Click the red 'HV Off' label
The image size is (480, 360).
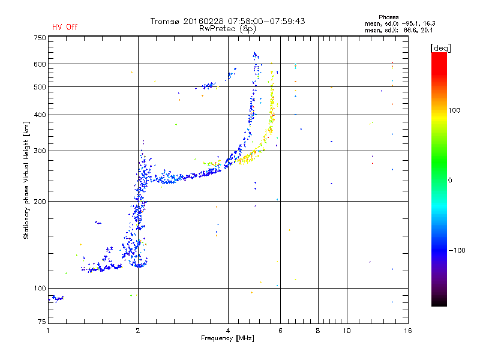(64, 27)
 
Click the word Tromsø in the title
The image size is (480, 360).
(164, 21)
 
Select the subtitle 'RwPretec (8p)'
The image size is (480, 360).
(228, 28)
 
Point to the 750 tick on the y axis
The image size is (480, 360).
(40, 38)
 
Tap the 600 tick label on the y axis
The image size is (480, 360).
(40, 64)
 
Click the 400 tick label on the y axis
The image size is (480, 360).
(40, 115)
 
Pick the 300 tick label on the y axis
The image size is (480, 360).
(40, 151)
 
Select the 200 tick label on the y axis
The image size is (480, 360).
(40, 202)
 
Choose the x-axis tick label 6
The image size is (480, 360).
(280, 331)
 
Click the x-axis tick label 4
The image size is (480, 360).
(228, 331)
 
